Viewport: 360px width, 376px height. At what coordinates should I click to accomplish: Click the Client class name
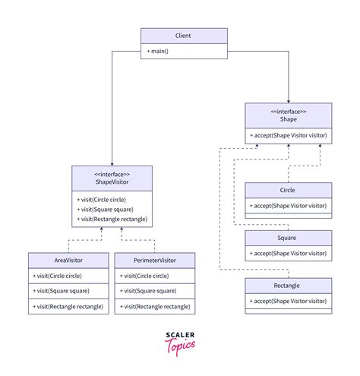183,36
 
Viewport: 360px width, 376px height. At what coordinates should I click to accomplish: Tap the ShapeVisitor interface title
112,179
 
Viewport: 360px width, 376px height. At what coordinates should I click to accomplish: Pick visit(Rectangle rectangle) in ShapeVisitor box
112,220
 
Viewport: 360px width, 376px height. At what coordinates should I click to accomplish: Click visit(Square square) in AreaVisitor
57,291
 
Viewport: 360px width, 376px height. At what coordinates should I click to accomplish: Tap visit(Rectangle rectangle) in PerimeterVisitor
156,306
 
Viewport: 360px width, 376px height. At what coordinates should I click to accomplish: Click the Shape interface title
289,118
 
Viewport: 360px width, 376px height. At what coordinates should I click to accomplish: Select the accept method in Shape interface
289,135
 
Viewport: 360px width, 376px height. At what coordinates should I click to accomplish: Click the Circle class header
289,191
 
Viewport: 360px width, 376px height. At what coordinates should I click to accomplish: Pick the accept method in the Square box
289,253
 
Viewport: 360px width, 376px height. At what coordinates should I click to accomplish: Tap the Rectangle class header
289,286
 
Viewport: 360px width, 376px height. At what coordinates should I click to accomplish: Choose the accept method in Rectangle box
289,301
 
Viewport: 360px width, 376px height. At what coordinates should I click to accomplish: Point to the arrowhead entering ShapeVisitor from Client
112,162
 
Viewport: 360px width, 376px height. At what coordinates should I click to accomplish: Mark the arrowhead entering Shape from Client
289,100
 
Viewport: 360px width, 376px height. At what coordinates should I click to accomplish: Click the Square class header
289,238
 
